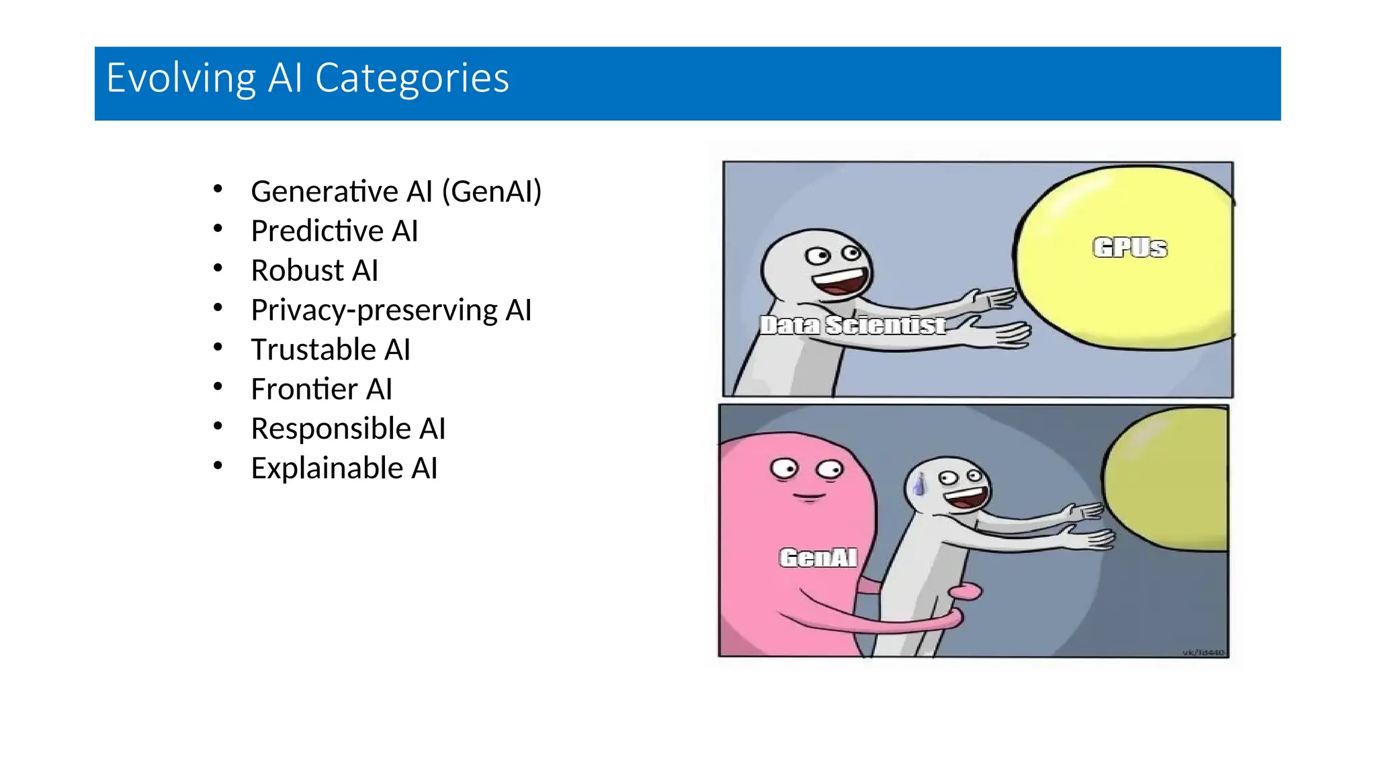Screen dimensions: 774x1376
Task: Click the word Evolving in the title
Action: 181,78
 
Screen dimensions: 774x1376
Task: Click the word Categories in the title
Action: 412,78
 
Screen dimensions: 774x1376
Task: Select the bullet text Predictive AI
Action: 334,231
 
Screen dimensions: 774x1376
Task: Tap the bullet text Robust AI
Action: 314,271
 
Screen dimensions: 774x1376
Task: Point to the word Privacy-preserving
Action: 374,310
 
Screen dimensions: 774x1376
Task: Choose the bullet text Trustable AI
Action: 330,350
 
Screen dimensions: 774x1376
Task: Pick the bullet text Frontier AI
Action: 321,390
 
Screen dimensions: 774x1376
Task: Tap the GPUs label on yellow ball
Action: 1129,248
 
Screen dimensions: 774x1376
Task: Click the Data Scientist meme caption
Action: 853,326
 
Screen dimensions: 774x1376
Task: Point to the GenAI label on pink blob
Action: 818,558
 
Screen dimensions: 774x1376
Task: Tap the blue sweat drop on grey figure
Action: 919,484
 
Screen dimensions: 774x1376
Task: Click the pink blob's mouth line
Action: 808,497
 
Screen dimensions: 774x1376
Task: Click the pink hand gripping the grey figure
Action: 966,592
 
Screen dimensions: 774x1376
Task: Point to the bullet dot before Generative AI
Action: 218,189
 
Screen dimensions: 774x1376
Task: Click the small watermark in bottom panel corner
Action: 1203,652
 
